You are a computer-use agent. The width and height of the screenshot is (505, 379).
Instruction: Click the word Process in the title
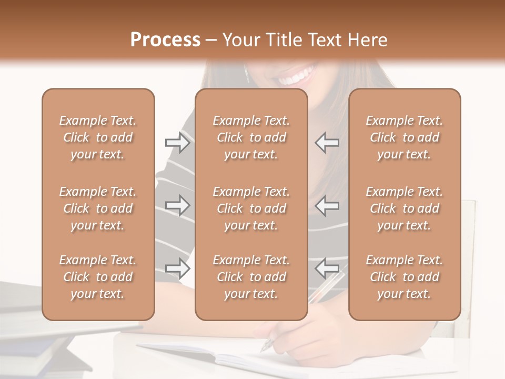tap(165, 40)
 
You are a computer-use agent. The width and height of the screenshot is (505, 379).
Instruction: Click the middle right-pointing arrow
tap(177, 205)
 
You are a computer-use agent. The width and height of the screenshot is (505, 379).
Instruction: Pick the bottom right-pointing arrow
tap(177, 268)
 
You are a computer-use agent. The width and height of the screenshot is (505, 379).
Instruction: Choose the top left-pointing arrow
tap(327, 143)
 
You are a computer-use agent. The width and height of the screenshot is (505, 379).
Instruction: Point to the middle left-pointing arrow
tap(327, 205)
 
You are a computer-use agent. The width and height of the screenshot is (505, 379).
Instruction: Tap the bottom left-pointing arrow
tap(327, 268)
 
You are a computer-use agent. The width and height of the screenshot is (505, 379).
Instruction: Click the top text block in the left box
tap(98, 137)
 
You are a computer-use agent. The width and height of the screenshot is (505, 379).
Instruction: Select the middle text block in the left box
tap(98, 208)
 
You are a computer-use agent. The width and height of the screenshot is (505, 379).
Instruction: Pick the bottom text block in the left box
tap(98, 277)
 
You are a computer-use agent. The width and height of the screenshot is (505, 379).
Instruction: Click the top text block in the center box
tap(251, 137)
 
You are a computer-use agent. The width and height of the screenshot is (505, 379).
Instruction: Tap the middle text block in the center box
tap(251, 208)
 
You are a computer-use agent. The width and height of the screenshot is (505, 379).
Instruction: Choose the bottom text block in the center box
tap(251, 277)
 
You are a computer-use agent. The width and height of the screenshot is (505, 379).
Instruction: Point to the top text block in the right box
tap(405, 137)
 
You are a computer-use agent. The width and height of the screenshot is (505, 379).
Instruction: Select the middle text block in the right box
tap(405, 208)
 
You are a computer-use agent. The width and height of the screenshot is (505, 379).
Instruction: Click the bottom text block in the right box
tap(405, 277)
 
